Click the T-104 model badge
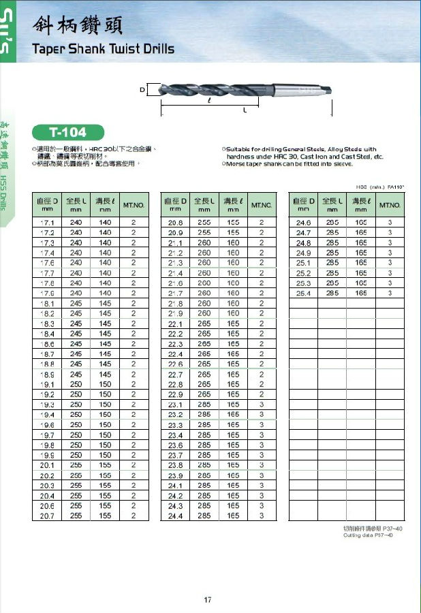pyautogui.click(x=62, y=131)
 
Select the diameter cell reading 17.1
pyautogui.click(x=48, y=223)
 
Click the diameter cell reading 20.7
pyautogui.click(x=48, y=516)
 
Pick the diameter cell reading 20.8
pyautogui.click(x=175, y=223)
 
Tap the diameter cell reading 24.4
pyautogui.click(x=175, y=516)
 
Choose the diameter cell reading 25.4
pyautogui.click(x=303, y=293)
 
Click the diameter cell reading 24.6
pyautogui.click(x=303, y=223)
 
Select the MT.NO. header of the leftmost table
pyautogui.click(x=134, y=205)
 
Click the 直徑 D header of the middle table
pyautogui.click(x=175, y=205)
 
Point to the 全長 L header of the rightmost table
pyautogui.click(x=334, y=205)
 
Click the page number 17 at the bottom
pyautogui.click(x=208, y=599)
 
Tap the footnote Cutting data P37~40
pyautogui.click(x=367, y=535)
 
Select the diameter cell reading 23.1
pyautogui.click(x=175, y=405)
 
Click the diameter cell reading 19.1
pyautogui.click(x=48, y=384)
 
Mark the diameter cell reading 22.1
pyautogui.click(x=175, y=324)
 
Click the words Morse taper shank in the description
pyautogui.click(x=255, y=163)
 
